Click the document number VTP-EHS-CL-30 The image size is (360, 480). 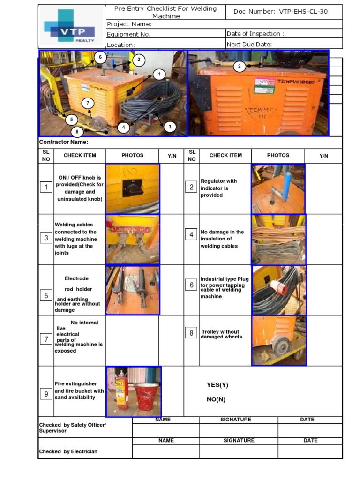pos(280,12)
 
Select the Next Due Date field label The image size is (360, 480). pos(249,45)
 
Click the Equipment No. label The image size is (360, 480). pos(128,34)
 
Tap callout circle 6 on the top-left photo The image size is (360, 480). pos(99,57)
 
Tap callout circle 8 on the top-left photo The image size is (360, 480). pos(77,132)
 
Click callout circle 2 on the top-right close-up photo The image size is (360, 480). pos(239,67)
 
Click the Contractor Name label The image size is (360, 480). pos(63,142)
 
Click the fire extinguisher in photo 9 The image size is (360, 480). pos(122,391)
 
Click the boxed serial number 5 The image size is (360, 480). pos(46,295)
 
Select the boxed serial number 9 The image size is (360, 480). pos(46,394)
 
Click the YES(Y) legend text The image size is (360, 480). pos(217,385)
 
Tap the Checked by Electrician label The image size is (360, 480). pos(68,451)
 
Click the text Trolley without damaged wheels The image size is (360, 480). pos(221,334)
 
